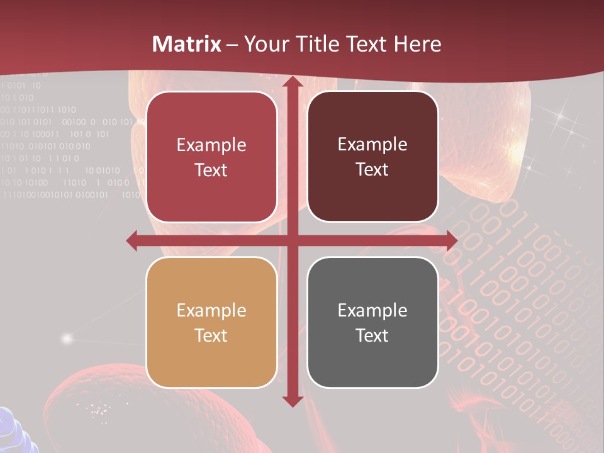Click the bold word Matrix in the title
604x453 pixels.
(x=187, y=44)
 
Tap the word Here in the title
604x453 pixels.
(x=417, y=44)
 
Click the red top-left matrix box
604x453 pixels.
(x=211, y=157)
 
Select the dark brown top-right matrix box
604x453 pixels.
(x=372, y=157)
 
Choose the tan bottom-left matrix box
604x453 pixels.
(x=211, y=322)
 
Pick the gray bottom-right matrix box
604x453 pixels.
(x=372, y=322)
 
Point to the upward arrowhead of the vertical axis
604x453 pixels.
(x=292, y=82)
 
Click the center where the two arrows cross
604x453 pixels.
(x=292, y=240)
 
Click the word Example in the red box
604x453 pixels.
(x=211, y=145)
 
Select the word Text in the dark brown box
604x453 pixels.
(x=372, y=169)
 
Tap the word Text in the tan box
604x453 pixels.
(x=211, y=335)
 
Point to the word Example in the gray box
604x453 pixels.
(x=372, y=310)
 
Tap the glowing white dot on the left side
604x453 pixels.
(x=67, y=338)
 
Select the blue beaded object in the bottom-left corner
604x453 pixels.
(x=16, y=431)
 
